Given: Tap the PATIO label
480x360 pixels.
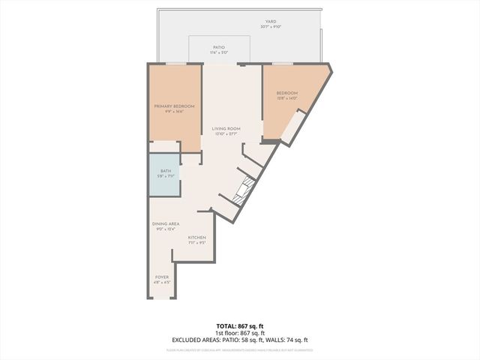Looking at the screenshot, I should [219, 46].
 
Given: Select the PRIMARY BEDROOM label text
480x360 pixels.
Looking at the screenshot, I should [174, 106].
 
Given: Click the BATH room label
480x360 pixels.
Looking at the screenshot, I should [164, 172].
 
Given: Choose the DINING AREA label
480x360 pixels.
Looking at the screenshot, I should [166, 224].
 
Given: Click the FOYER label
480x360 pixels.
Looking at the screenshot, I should [162, 277].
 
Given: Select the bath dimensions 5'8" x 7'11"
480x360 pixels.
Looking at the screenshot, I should [164, 177].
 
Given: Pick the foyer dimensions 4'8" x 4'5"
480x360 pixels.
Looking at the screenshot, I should [162, 282].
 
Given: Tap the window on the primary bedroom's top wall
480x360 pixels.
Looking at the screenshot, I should [175, 64].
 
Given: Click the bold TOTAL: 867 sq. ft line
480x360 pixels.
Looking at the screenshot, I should [239, 326].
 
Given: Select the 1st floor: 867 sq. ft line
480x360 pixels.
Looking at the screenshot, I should [239, 333].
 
